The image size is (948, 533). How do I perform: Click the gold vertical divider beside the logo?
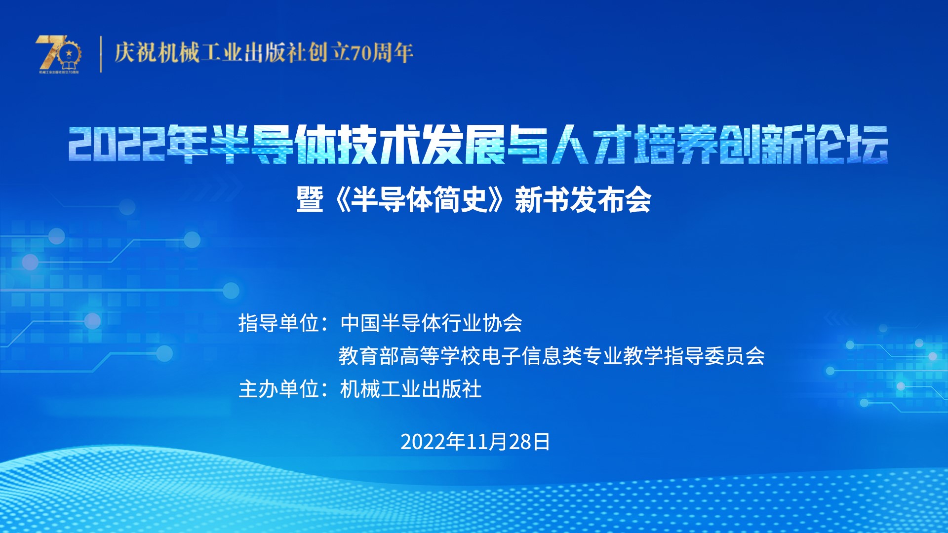(101, 54)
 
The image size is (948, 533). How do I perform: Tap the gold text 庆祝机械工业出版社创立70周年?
(264, 53)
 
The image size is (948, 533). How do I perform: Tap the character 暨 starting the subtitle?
(310, 200)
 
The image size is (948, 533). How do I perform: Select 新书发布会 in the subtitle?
(583, 200)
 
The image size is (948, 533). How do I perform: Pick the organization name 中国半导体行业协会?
(431, 323)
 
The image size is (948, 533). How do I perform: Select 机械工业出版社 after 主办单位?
(411, 389)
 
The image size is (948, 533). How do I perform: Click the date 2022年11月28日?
(475, 442)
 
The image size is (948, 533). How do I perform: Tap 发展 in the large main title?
(464, 144)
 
